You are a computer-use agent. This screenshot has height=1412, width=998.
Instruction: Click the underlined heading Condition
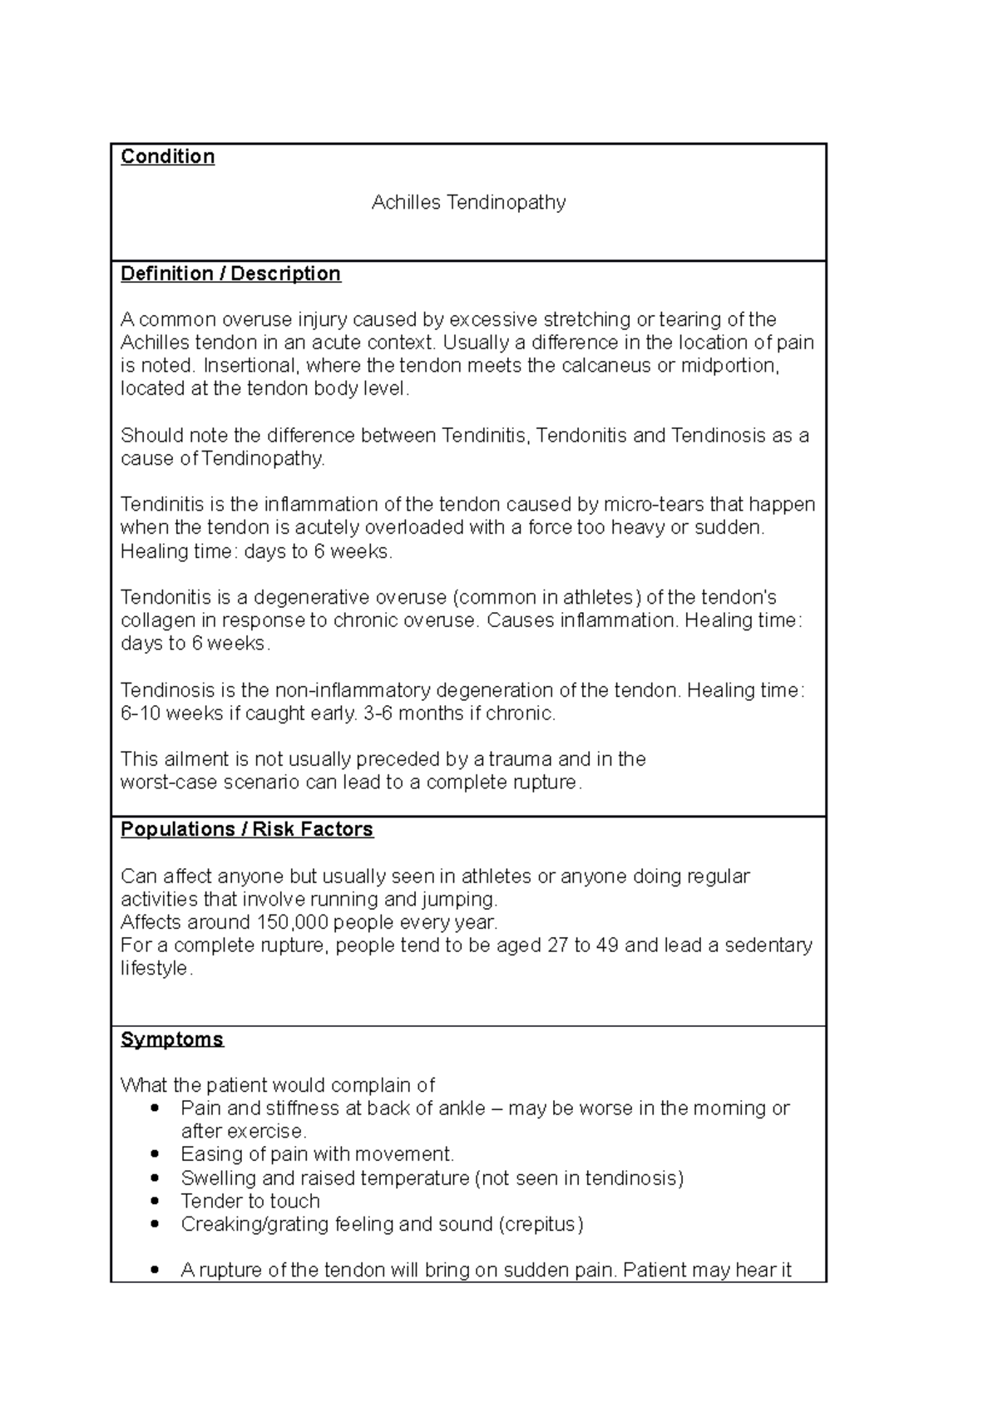coord(167,156)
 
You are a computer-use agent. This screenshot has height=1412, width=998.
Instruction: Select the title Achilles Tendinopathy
coord(468,202)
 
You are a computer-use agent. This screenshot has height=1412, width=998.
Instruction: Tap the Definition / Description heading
coord(230,274)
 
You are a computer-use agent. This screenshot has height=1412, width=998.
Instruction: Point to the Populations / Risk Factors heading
coord(246,829)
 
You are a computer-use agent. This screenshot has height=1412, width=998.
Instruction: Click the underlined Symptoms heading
coord(172,1039)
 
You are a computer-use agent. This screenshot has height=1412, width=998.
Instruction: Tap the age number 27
coord(557,945)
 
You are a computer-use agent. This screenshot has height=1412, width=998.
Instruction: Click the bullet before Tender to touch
coord(155,1201)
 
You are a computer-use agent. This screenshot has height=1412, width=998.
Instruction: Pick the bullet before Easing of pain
coord(155,1154)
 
